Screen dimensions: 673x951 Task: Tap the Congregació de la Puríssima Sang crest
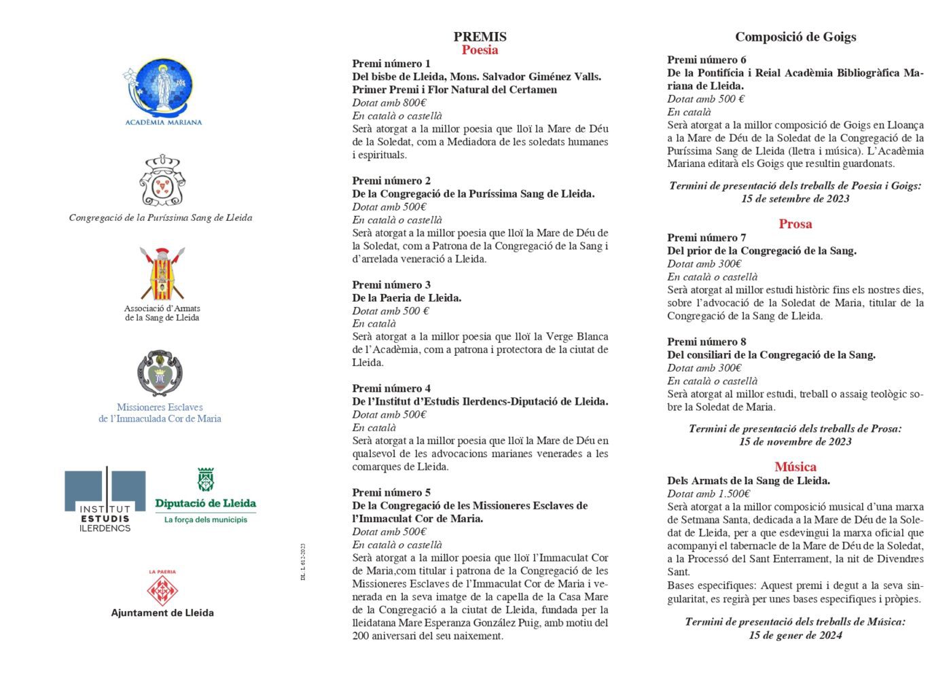pyautogui.click(x=162, y=181)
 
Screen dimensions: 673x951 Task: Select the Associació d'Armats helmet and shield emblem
pyautogui.click(x=162, y=274)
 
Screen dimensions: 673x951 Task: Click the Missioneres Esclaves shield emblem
pyautogui.click(x=160, y=373)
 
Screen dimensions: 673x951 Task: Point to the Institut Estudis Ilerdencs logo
pyautogui.click(x=105, y=498)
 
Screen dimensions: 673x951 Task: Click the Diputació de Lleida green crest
pyautogui.click(x=205, y=479)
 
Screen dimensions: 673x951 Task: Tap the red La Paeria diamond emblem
pyautogui.click(x=162, y=591)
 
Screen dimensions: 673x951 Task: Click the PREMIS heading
pyautogui.click(x=480, y=37)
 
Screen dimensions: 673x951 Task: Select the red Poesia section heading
pyautogui.click(x=480, y=50)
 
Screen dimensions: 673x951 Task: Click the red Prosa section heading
pyautogui.click(x=795, y=224)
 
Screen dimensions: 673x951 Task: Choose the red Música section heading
pyautogui.click(x=795, y=467)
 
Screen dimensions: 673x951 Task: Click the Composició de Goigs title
pyautogui.click(x=795, y=37)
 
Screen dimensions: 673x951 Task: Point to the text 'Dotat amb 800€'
pyautogui.click(x=389, y=103)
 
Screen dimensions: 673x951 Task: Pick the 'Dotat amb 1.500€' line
pyautogui.click(x=708, y=494)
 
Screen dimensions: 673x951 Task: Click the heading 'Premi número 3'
pyautogui.click(x=391, y=285)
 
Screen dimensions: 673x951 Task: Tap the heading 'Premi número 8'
pyautogui.click(x=706, y=342)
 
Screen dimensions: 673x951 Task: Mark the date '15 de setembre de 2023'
pyautogui.click(x=795, y=198)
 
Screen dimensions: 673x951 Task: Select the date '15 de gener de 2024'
pyautogui.click(x=795, y=635)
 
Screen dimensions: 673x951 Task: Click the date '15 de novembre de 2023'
pyautogui.click(x=795, y=441)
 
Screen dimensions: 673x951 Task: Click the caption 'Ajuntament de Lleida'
pyautogui.click(x=162, y=613)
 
